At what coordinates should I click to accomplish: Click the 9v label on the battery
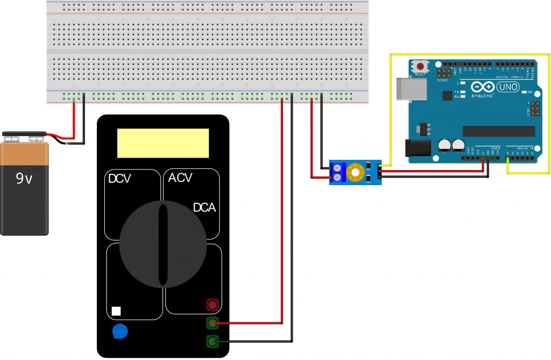click(24, 179)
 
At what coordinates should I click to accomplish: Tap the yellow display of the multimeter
click(163, 143)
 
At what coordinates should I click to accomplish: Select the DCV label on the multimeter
click(120, 179)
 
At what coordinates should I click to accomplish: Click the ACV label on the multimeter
click(181, 178)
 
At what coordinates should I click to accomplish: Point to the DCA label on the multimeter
click(204, 208)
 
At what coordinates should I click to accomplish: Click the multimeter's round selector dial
click(163, 244)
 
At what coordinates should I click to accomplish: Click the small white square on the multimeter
click(116, 311)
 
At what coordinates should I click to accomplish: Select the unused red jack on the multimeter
click(213, 305)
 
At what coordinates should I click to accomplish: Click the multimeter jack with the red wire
click(213, 323)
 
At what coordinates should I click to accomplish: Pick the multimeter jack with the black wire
click(213, 341)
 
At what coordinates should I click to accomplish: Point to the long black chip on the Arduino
click(499, 131)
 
